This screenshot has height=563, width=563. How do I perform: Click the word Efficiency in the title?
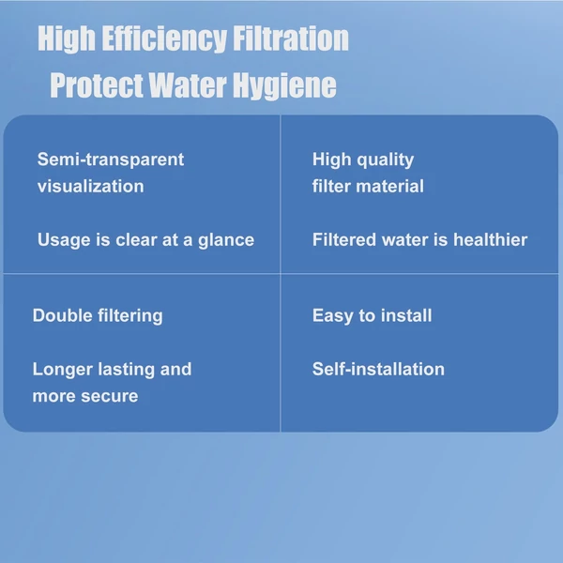[164, 39]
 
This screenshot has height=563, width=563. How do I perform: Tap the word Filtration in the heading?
[291, 38]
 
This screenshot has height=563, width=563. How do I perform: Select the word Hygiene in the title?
[284, 86]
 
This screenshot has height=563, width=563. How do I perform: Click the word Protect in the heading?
[97, 85]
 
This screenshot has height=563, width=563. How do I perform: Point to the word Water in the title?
[188, 85]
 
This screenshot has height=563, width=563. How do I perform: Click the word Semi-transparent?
[111, 160]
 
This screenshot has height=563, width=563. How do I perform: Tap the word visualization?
[90, 187]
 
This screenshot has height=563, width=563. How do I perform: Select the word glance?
[226, 240]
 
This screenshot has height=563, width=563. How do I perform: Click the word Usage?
[64, 240]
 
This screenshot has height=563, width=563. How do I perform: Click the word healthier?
[491, 240]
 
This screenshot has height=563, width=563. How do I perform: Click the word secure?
[110, 397]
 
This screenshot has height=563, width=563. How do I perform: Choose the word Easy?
[332, 316]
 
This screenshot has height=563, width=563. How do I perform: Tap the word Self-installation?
[378, 369]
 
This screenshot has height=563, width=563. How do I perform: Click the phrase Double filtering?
[98, 316]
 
